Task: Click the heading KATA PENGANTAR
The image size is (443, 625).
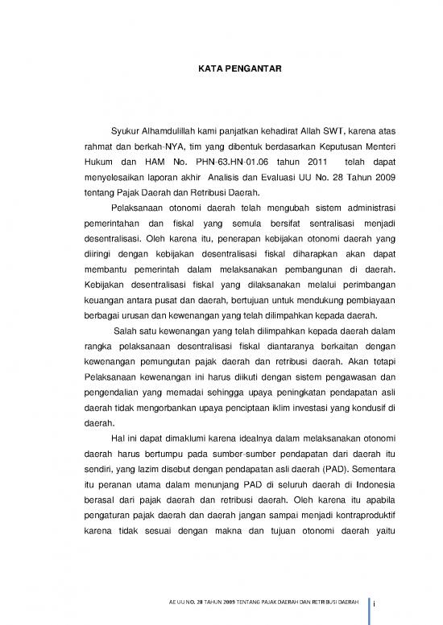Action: (240, 72)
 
